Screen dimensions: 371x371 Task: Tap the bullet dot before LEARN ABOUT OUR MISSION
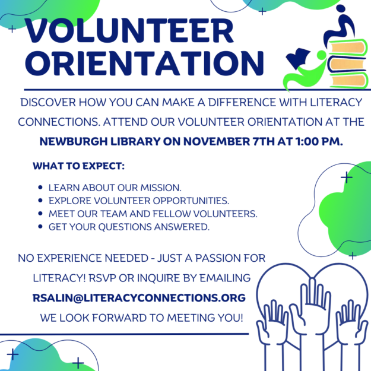click(x=39, y=186)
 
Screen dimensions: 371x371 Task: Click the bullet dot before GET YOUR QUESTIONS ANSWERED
click(x=39, y=227)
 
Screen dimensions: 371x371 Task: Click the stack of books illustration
click(x=345, y=62)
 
